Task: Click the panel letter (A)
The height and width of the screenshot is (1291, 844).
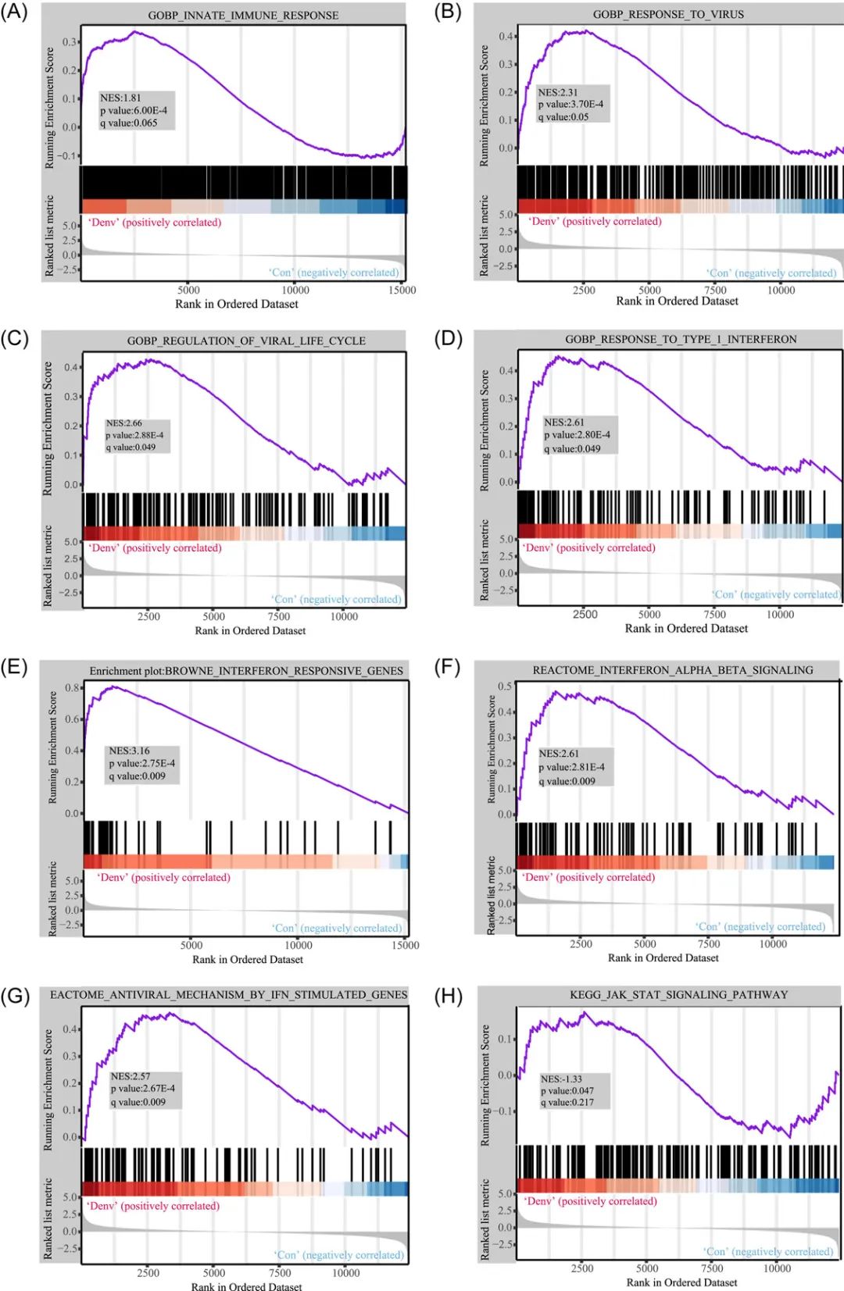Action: (x=14, y=12)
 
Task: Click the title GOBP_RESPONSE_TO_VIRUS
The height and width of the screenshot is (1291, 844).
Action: (x=668, y=14)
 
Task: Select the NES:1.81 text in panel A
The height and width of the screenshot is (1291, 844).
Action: (x=120, y=98)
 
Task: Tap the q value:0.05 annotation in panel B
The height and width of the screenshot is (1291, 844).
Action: (x=563, y=117)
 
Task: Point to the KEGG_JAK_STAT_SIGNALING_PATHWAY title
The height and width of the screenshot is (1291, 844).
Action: (x=678, y=994)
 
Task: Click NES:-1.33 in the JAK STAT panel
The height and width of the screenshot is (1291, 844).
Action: (x=561, y=1079)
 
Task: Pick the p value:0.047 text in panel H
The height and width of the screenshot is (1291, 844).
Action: (x=567, y=1090)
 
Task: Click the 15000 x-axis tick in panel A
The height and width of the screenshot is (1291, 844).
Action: (x=402, y=290)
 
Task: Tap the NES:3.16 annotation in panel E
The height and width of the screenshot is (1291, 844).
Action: (x=129, y=751)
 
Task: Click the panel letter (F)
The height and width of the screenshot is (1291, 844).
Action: (x=448, y=667)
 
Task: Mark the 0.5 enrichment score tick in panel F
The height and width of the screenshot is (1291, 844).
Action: (x=505, y=687)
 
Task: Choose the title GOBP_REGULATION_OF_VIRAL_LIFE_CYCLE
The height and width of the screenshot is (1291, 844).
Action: (x=246, y=341)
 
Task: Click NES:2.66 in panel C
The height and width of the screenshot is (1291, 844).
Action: (x=124, y=423)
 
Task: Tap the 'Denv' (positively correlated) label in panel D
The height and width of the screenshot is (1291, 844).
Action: (x=588, y=547)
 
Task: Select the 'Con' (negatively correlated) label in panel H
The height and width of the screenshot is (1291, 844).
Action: (x=768, y=1251)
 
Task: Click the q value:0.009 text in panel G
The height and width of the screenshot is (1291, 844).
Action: (x=138, y=1102)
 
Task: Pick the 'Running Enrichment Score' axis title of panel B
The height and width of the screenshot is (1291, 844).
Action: (x=484, y=105)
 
